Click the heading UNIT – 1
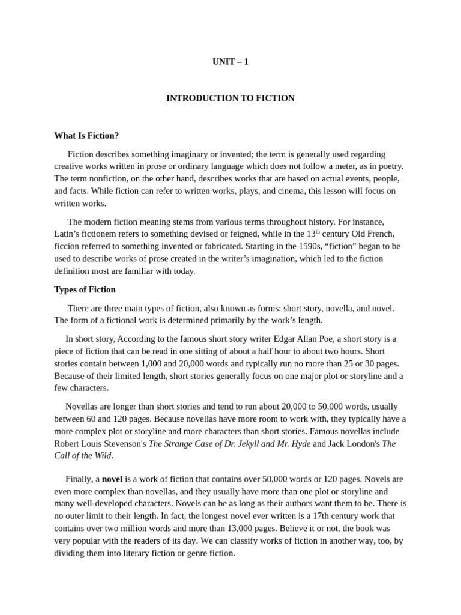[230, 61]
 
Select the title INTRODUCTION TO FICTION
[230, 98]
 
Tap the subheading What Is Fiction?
[86, 135]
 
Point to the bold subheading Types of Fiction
[85, 289]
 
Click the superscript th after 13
[318, 231]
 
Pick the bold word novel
[112, 479]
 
